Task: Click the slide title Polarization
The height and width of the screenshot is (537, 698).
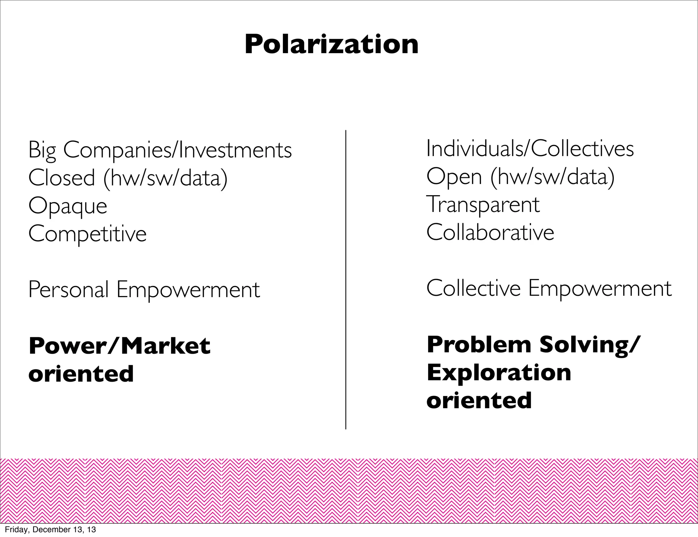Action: coord(331,44)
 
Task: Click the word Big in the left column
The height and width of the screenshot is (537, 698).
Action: coord(42,150)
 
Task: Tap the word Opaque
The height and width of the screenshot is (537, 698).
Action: coord(67,206)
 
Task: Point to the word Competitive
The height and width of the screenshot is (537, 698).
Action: coord(87,234)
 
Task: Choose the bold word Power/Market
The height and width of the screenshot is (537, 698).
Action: coord(119,346)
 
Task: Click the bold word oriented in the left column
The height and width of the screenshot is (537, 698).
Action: coord(81,374)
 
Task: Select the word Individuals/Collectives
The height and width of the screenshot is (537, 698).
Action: coord(530,149)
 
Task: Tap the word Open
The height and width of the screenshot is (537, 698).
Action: coord(454,177)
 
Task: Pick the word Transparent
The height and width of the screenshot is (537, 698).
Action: coord(483,204)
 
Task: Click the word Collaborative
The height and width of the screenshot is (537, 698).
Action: coord(490,232)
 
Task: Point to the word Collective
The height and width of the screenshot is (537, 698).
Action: coord(473,288)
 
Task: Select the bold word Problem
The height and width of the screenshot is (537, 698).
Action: coord(479,344)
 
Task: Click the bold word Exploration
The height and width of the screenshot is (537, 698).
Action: coord(499,372)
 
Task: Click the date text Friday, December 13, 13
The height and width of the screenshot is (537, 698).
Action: coord(50,530)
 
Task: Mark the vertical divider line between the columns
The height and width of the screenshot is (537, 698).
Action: coord(346,279)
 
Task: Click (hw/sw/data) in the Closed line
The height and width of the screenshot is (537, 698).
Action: coord(165,178)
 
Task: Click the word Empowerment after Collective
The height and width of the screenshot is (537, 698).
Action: coord(600,288)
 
